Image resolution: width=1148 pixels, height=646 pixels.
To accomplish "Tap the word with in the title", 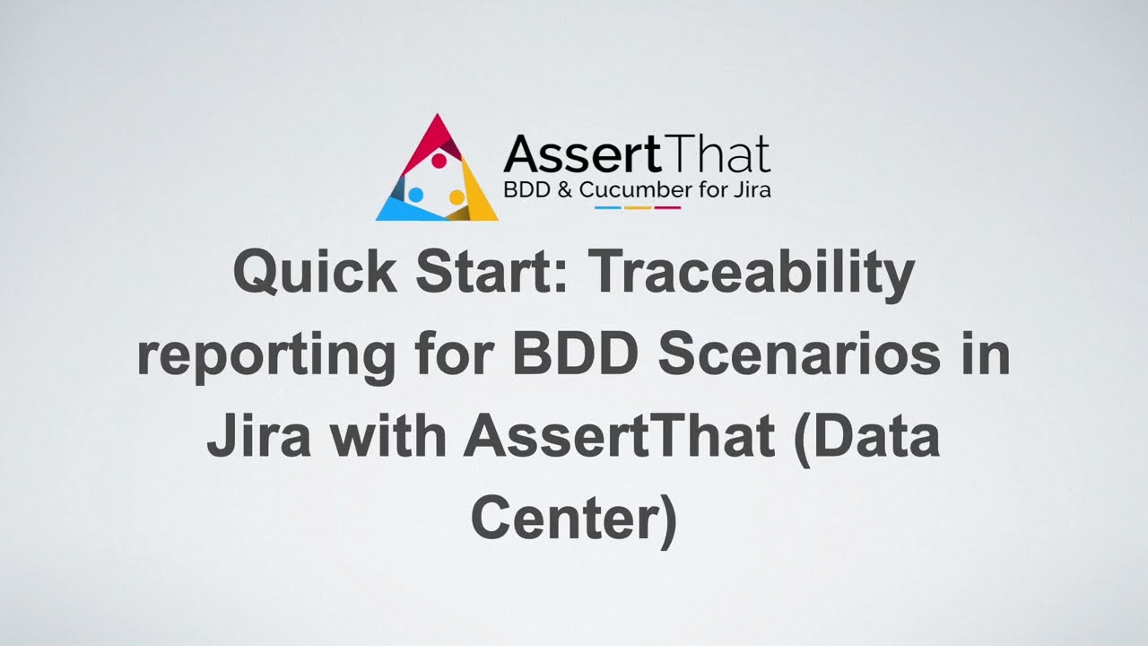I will point(384,438).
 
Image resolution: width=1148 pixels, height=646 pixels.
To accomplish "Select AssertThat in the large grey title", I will point(619,438).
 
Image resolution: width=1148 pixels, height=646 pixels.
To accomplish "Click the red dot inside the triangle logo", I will point(439,161).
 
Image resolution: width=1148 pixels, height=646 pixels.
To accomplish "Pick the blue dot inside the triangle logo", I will point(415,194).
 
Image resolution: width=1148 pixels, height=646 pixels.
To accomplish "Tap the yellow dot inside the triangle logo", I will point(456,196).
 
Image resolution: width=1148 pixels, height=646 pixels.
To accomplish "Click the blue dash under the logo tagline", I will point(609,208).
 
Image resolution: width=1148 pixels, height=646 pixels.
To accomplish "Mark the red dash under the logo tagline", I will point(667,208).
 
